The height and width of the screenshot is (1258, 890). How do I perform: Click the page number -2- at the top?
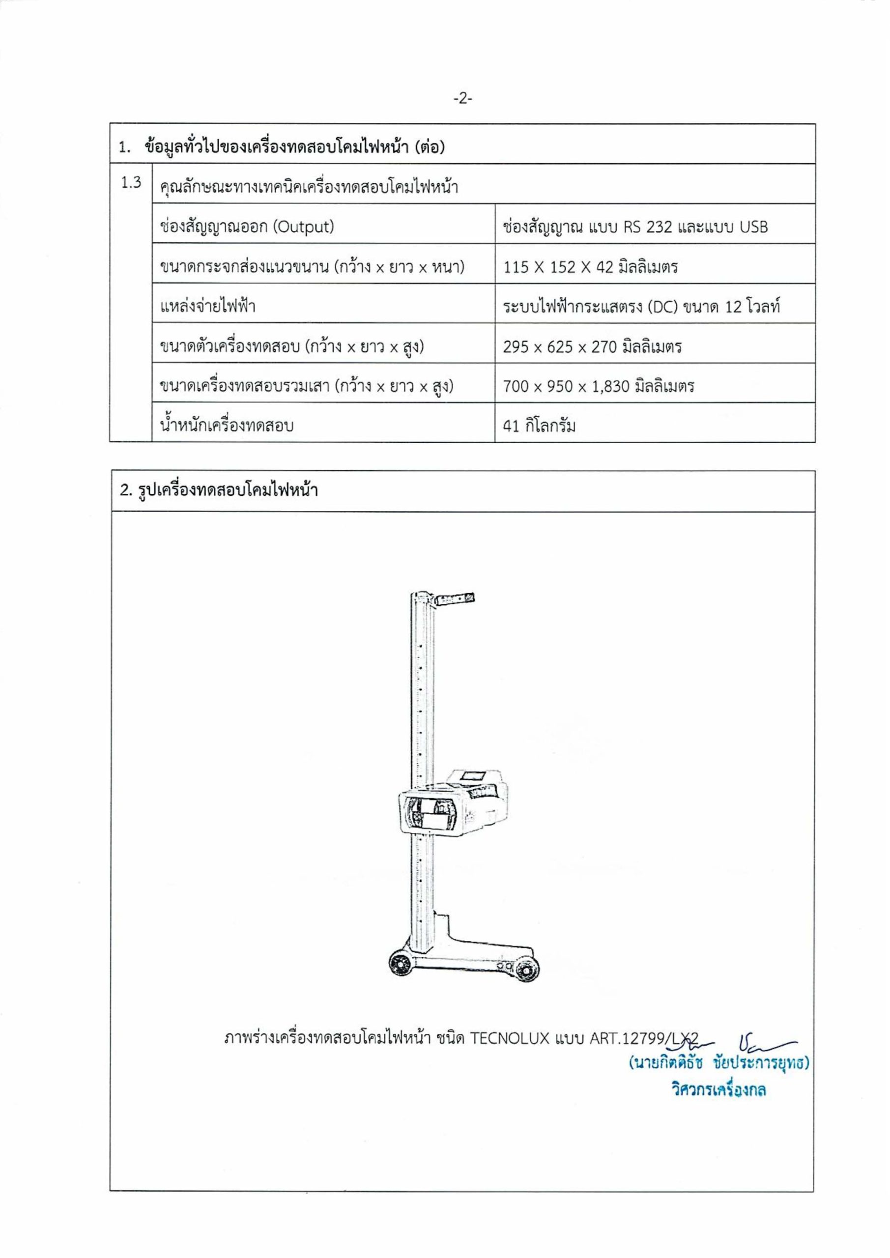point(462,99)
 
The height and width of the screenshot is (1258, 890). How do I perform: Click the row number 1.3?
point(131,183)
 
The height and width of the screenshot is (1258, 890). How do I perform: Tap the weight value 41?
point(511,426)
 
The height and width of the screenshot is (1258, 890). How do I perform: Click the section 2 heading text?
point(219,490)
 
